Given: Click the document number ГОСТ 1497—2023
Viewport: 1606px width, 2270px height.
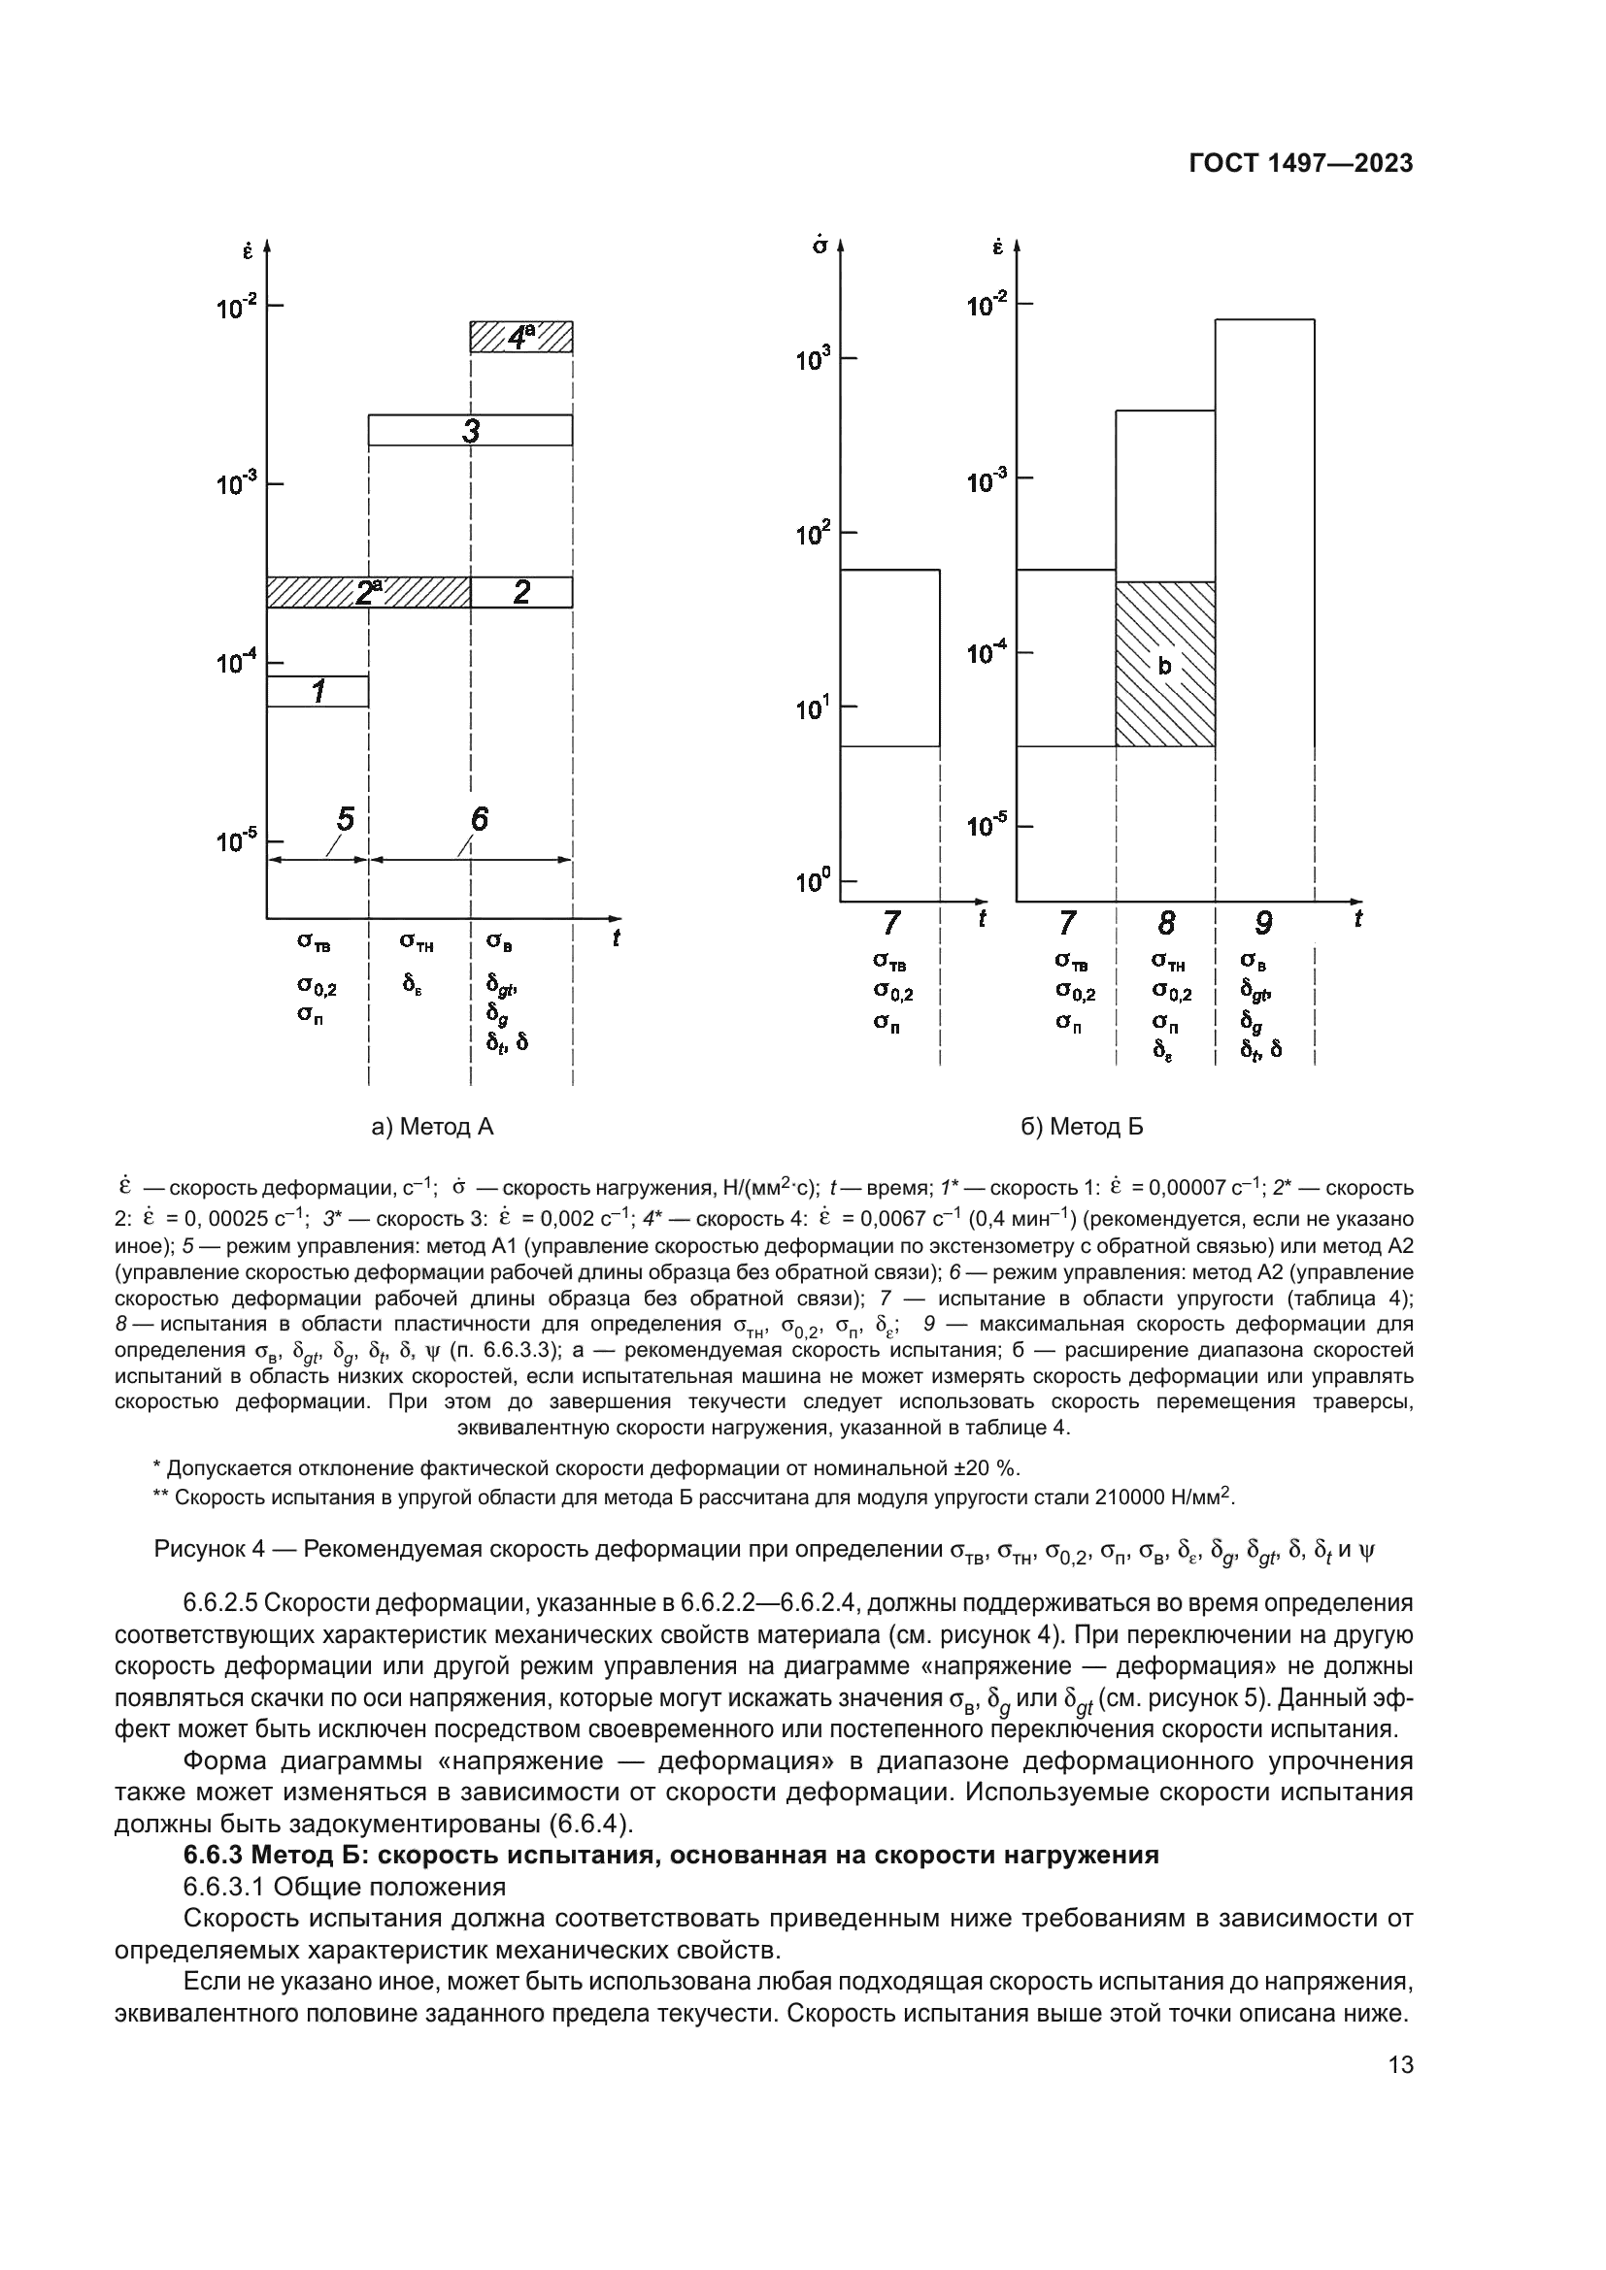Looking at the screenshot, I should click(x=1300, y=164).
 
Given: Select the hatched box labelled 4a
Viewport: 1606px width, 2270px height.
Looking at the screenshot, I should click(x=521, y=337).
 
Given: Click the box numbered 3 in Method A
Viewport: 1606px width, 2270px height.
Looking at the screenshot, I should click(x=471, y=430).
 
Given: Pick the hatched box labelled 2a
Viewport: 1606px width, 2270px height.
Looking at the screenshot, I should click(x=368, y=591).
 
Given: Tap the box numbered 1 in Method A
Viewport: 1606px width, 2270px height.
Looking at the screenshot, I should click(x=318, y=691).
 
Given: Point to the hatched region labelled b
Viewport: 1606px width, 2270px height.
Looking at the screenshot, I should click(x=1165, y=666).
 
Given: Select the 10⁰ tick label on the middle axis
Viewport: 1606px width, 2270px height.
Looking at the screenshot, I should click(x=814, y=881).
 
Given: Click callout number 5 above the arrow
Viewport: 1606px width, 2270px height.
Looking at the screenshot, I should click(x=345, y=819).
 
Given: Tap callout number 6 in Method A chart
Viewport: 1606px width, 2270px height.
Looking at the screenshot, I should click(x=479, y=819).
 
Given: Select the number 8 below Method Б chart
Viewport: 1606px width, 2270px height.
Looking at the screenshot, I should click(x=1166, y=923).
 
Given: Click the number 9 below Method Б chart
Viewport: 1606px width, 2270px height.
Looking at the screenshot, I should click(x=1264, y=923).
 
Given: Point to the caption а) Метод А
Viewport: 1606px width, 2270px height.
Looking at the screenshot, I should click(x=432, y=1126).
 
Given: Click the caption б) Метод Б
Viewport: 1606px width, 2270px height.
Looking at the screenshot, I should click(x=1082, y=1126).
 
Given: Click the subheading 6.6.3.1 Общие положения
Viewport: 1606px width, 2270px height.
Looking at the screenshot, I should click(x=344, y=1887).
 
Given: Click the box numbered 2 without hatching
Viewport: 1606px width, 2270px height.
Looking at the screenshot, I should click(x=521, y=591).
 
